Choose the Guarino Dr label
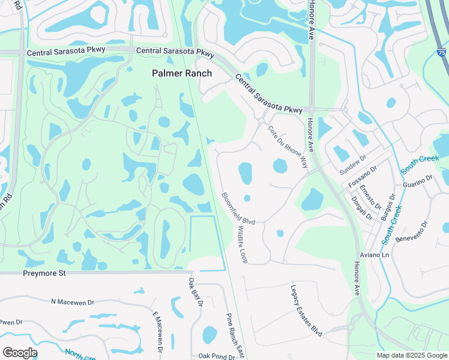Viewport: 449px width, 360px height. [x=418, y=182]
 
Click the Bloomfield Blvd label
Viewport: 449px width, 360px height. [x=238, y=208]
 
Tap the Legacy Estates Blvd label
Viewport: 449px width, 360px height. [x=307, y=309]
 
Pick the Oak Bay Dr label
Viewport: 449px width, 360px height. [x=195, y=292]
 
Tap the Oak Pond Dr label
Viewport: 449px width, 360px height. [x=217, y=356]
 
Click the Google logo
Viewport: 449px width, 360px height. [x=20, y=353]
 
